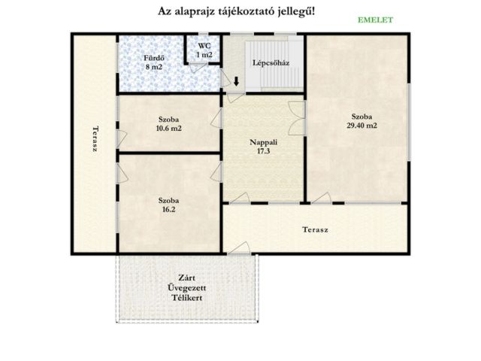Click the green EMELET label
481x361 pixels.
[375, 20]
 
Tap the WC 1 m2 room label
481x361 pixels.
[204, 50]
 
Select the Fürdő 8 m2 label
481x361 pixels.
[154, 62]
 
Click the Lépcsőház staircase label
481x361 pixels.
[271, 63]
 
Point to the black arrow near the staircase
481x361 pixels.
[236, 81]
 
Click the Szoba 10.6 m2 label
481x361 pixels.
[168, 123]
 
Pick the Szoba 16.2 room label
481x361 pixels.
[168, 205]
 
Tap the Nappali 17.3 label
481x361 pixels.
[264, 147]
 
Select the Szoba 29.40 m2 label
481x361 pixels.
[362, 121]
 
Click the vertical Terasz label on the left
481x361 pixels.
[95, 138]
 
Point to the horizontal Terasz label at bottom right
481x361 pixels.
[315, 229]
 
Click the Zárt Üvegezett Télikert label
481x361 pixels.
[187, 288]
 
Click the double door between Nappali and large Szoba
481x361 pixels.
[297, 118]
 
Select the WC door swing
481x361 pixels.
[197, 68]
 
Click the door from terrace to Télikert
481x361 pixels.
[239, 248]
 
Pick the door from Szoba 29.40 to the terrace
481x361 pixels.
[321, 198]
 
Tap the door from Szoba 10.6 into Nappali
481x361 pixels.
[216, 118]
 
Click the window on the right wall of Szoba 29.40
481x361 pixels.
[409, 121]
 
